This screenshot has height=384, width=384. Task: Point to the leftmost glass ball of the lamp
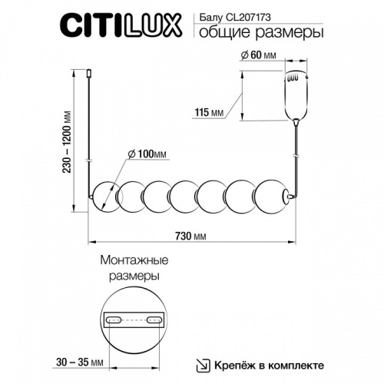(105, 197)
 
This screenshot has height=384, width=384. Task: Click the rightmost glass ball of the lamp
(270, 197)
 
